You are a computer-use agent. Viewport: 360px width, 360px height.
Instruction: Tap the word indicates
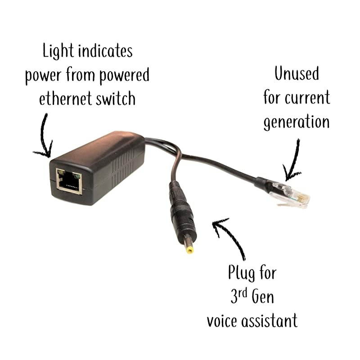(x=105, y=51)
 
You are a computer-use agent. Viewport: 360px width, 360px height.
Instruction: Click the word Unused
(x=296, y=74)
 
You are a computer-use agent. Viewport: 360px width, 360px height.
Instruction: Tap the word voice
(x=225, y=320)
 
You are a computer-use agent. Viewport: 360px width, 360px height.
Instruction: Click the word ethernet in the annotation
(x=64, y=98)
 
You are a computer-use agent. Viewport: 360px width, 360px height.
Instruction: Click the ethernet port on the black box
(x=69, y=181)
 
